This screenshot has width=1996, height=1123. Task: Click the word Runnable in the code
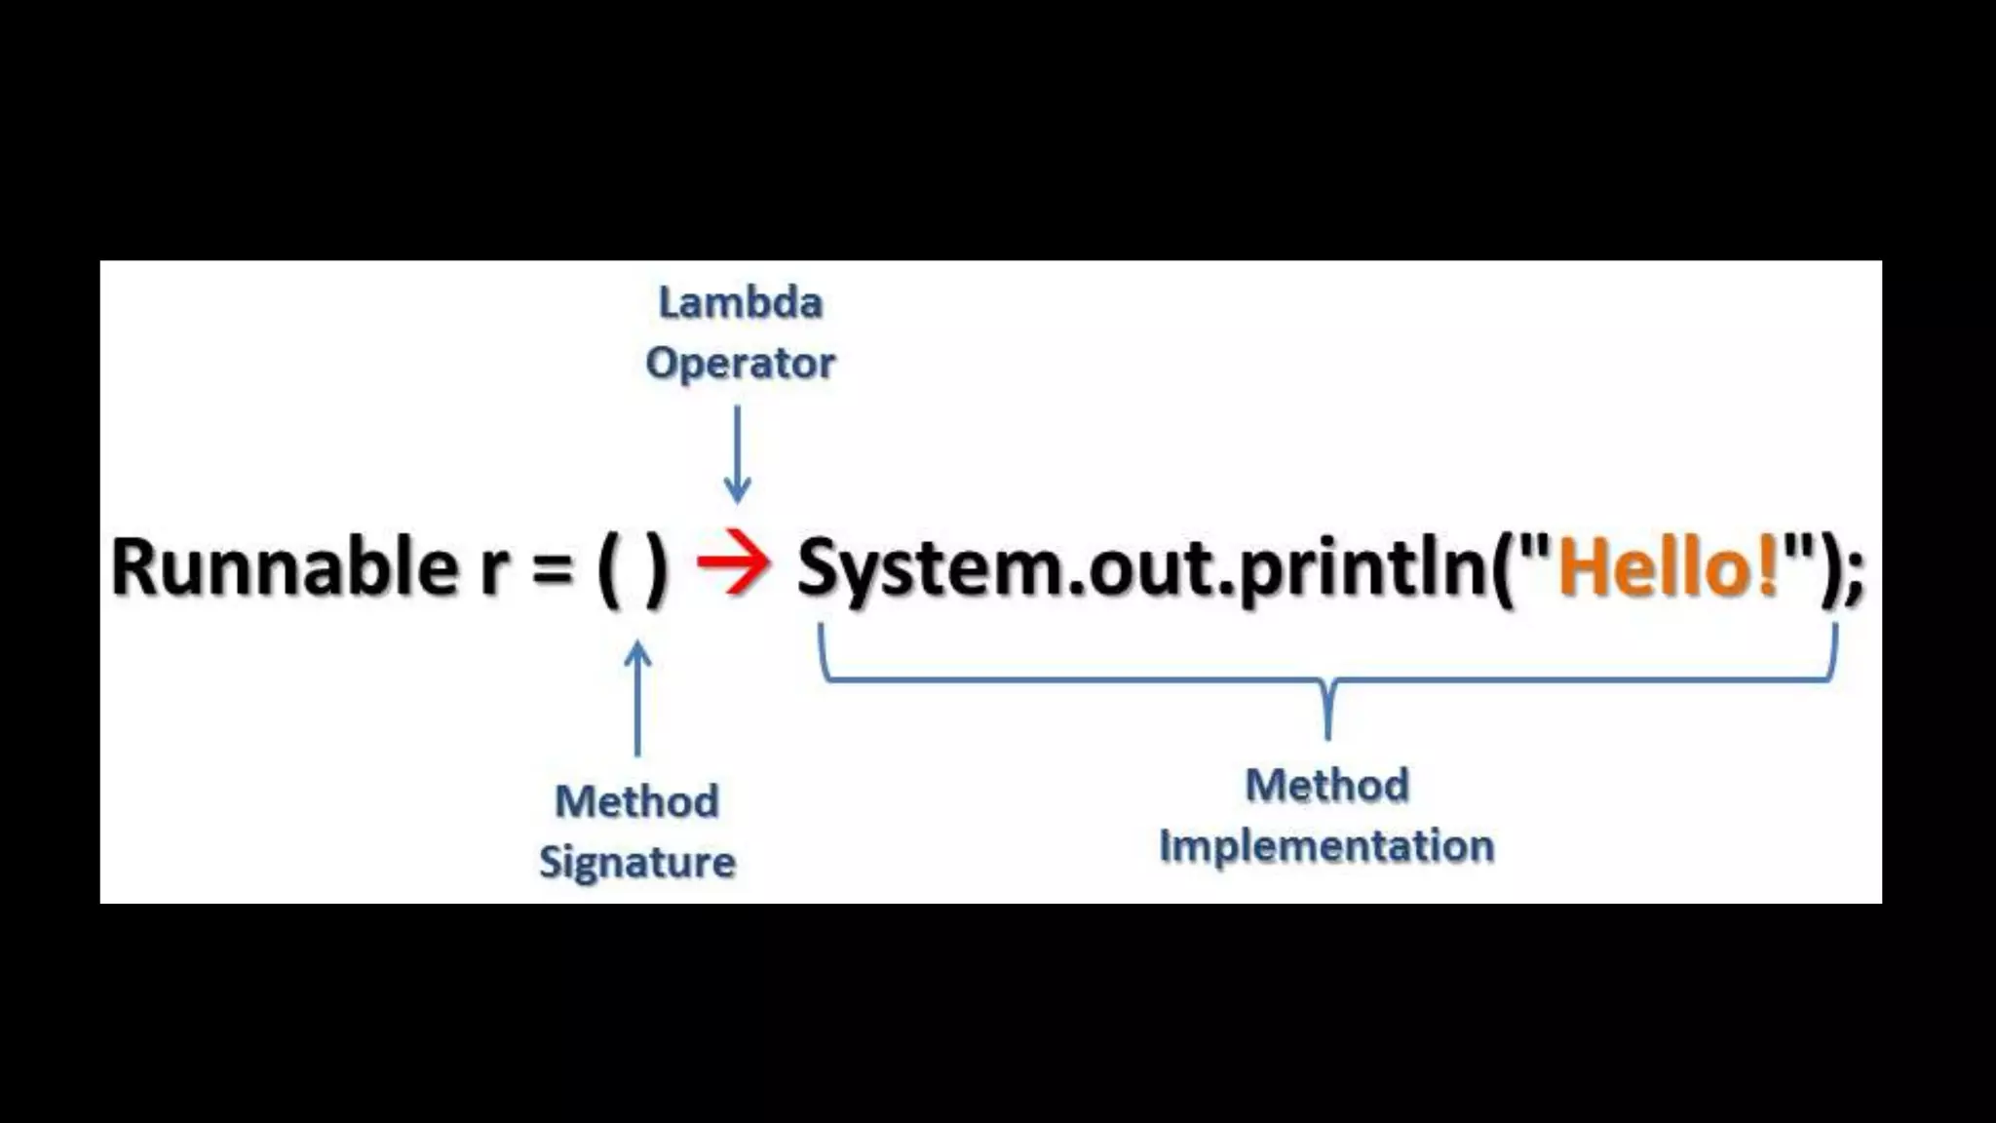coord(284,566)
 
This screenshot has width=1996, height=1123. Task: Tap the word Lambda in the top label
coord(741,302)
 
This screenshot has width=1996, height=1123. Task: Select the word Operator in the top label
coord(741,363)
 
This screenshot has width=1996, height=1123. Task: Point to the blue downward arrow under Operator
coord(738,454)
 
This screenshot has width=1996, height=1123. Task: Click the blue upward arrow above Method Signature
coord(637,698)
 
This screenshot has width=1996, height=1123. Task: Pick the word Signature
coord(637,863)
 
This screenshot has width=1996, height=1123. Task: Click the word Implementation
coord(1326,845)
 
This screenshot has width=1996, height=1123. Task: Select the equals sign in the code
coord(553,568)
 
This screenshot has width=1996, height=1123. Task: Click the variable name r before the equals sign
coord(494,570)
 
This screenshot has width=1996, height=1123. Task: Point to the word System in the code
coord(930,568)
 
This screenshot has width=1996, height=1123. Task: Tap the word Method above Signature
coord(637,801)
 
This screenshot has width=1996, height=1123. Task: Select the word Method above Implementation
coord(1327,785)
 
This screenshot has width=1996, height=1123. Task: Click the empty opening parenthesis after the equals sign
coord(609,568)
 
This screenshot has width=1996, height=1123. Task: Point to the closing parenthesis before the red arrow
coord(657,568)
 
